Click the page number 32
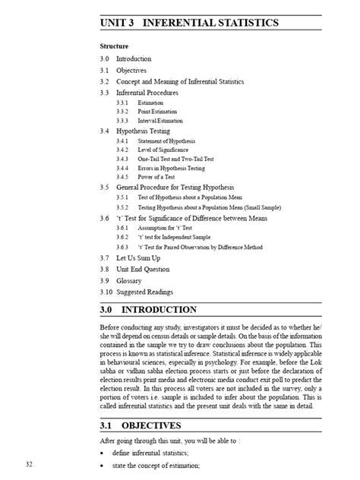(x=28, y=463)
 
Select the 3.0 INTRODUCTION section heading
(x=159, y=310)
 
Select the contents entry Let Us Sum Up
(x=141, y=258)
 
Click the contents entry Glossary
(x=133, y=280)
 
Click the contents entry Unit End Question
(x=147, y=269)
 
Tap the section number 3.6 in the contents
(x=105, y=218)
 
